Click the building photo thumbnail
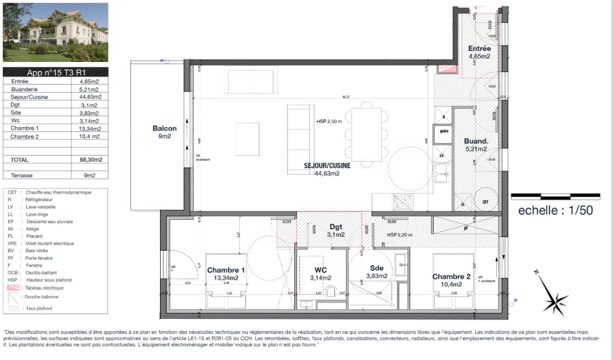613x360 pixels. [55, 32]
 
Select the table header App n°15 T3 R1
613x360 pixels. [55, 72]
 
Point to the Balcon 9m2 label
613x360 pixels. [164, 133]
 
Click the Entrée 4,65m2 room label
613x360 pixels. [479, 52]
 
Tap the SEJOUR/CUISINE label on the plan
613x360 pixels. [327, 169]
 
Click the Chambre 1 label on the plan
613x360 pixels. [226, 273]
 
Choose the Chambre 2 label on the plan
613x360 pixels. [451, 281]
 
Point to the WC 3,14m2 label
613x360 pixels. [320, 273]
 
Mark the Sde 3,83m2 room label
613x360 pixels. [377, 272]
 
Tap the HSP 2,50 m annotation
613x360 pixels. [329, 122]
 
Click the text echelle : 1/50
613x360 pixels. [555, 210]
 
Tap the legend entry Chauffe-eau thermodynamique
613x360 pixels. [55, 192]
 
